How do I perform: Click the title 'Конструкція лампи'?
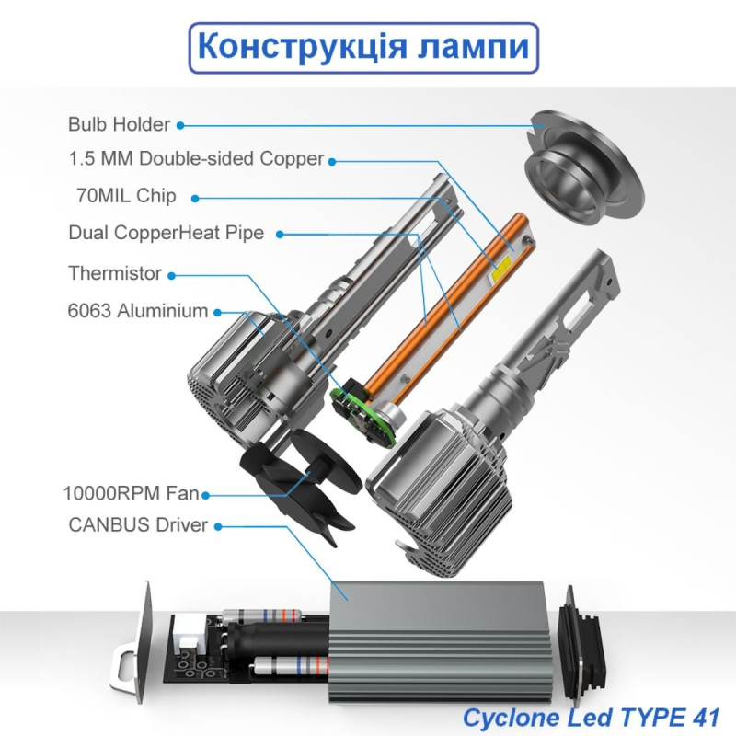pos(363,48)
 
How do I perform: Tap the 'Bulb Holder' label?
pos(120,124)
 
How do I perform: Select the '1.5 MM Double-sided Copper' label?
pos(196,158)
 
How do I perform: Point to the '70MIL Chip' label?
pos(126,195)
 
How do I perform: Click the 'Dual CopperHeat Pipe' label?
pos(167,233)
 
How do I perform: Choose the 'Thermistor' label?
pos(115,272)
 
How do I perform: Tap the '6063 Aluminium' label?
pos(138,311)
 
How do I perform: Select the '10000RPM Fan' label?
pos(131,493)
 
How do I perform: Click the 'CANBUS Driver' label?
pos(138,524)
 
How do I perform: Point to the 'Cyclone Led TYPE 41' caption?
pos(591,718)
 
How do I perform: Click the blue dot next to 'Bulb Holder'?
pos(180,125)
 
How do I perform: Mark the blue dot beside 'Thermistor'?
pos(172,276)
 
